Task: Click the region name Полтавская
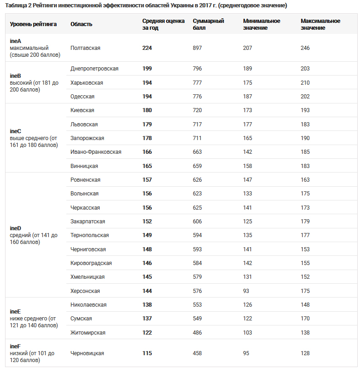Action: pos(86,48)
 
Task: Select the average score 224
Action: pos(147,48)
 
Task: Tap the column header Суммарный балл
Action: pos(208,24)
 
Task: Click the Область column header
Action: pos(81,24)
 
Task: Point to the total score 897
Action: pos(197,48)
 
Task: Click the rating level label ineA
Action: pos(16,41)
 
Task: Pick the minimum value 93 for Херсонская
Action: pos(247,291)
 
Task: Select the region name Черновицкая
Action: pos(87,353)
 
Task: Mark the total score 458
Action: pos(197,353)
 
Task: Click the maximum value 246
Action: pos(305,48)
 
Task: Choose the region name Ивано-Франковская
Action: pos(96,152)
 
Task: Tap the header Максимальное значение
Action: pos(320,24)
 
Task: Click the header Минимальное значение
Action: pos(262,24)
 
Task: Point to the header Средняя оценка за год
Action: pos(163,24)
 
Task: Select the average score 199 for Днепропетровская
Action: pos(147,69)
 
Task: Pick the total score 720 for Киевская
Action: pos(197,110)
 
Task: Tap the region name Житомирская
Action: pos(88,333)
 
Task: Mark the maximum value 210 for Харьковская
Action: pos(305,83)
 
